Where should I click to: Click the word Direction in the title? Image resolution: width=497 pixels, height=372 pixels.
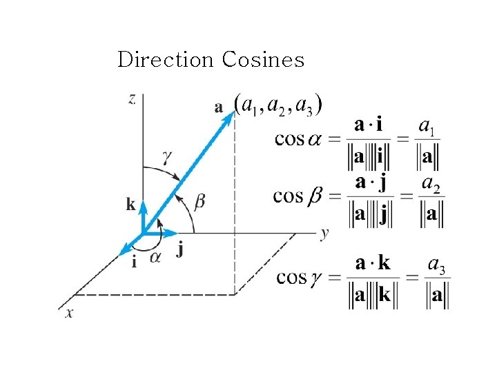[166, 60]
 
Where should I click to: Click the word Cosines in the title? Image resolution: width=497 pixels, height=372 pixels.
[263, 60]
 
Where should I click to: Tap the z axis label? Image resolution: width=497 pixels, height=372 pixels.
[132, 99]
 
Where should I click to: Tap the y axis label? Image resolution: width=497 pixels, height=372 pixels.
[324, 233]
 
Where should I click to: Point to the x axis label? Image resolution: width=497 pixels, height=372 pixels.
[69, 313]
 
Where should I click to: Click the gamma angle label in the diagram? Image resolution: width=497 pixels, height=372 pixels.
[167, 157]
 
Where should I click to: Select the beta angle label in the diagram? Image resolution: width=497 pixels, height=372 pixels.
[200, 201]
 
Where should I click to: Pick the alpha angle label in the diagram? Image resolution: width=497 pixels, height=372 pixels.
[155, 257]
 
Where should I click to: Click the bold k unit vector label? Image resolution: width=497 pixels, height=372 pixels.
[131, 203]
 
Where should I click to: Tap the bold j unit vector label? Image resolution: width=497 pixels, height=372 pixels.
[179, 249]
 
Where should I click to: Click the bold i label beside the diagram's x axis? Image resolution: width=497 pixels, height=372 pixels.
[133, 261]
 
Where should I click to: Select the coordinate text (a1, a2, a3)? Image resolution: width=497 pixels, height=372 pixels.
[279, 105]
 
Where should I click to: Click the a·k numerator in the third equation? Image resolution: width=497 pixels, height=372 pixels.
[373, 262]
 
